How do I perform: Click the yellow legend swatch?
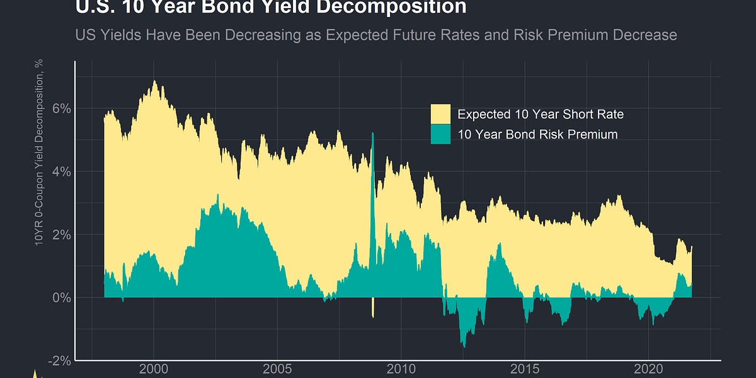(x=440, y=115)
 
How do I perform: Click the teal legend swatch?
(x=440, y=134)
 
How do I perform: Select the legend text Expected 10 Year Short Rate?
(x=540, y=115)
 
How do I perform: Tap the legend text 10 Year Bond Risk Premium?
(x=537, y=134)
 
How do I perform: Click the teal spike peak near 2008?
(x=373, y=134)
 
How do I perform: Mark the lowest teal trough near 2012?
(x=464, y=345)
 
